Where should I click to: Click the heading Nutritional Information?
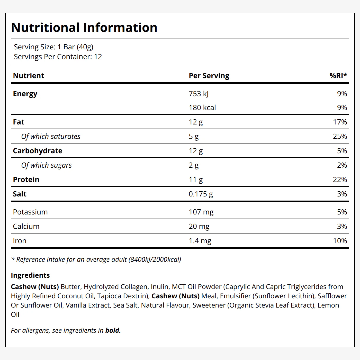pyautogui.click(x=84, y=28)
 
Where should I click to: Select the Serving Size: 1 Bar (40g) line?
pyautogui.click(x=54, y=47)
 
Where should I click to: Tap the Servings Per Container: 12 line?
pyautogui.click(x=58, y=57)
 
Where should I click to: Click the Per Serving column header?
pyautogui.click(x=209, y=76)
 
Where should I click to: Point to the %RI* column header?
pyautogui.click(x=338, y=76)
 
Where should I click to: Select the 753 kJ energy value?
pyautogui.click(x=199, y=94)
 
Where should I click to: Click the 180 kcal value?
pyautogui.click(x=202, y=107)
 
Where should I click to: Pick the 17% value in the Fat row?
pyautogui.click(x=340, y=122)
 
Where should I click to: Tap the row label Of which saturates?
pyautogui.click(x=51, y=137)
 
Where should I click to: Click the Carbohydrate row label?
pyautogui.click(x=38, y=151)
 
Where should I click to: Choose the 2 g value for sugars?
pyautogui.click(x=194, y=165)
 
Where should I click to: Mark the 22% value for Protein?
pyautogui.click(x=340, y=179)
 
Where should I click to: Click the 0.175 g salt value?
pyautogui.click(x=201, y=194)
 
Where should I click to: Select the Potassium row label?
pyautogui.click(x=30, y=212)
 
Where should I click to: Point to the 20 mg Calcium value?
pyautogui.click(x=199, y=227)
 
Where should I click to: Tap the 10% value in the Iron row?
pyautogui.click(x=340, y=241)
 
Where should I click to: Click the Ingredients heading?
pyautogui.click(x=30, y=275)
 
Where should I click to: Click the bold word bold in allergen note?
pyautogui.click(x=113, y=330)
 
